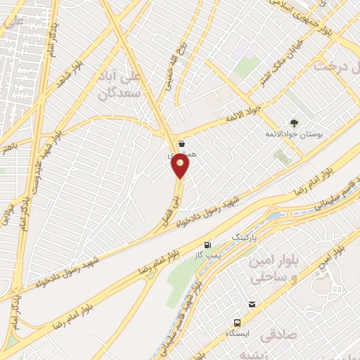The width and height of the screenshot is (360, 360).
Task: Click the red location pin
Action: [181, 167]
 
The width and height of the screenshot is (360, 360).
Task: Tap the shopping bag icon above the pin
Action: [181, 144]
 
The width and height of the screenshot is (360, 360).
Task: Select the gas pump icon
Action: [207, 245]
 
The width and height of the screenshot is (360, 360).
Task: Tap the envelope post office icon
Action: [250, 304]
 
